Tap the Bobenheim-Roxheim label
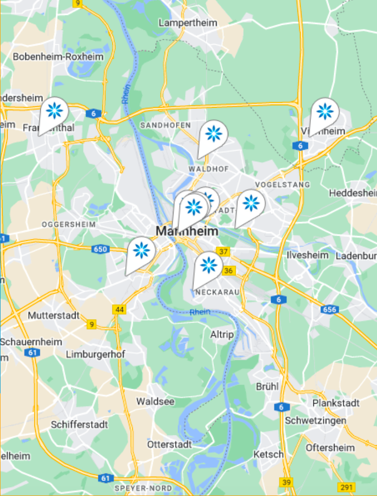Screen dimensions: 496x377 (58, 57)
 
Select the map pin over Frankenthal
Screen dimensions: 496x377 (54, 111)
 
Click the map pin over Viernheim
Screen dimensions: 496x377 (325, 111)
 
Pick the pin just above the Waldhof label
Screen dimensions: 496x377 (214, 134)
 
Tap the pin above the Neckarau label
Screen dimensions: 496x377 (209, 266)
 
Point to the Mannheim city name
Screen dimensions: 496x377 (187, 231)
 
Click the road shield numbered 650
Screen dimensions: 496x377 (100, 249)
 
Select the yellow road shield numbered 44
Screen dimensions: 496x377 (119, 310)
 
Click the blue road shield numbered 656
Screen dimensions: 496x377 (330, 310)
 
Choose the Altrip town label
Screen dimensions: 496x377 (222, 334)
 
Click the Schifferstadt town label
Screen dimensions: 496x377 (79, 425)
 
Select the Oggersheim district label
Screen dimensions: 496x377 (69, 224)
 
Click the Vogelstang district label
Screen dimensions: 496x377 (282, 185)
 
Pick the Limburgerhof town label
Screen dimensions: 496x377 (95, 354)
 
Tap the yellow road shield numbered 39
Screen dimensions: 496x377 (286, 483)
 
